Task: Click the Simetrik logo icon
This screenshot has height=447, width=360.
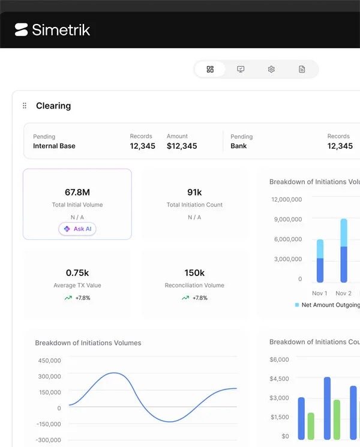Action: tap(22, 29)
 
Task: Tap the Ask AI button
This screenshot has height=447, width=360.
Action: tap(77, 229)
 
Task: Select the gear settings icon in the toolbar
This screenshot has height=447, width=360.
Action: tap(271, 69)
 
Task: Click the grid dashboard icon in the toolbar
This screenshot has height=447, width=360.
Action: tap(210, 69)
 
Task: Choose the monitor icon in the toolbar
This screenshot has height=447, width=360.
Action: tap(241, 69)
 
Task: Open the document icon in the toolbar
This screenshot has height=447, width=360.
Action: tap(302, 69)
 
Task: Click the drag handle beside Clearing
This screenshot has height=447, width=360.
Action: tap(25, 106)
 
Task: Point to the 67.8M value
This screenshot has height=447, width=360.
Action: tap(77, 193)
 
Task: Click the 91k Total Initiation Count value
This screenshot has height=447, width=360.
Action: tap(194, 193)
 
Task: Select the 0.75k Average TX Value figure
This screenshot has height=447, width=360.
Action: tap(77, 273)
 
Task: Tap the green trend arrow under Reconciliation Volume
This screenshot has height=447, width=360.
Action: tap(185, 298)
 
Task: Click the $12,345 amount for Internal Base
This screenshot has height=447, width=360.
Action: tap(182, 146)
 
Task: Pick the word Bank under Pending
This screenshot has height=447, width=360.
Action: tap(239, 146)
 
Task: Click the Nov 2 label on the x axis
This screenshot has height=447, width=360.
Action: tap(343, 293)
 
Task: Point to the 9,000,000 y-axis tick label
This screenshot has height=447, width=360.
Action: tap(288, 219)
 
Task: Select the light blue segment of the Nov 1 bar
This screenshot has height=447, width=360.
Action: tap(320, 249)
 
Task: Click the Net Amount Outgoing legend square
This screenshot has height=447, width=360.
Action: tap(297, 305)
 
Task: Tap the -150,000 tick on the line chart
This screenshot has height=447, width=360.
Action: tap(49, 424)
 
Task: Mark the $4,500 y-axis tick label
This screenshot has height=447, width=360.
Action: tap(280, 379)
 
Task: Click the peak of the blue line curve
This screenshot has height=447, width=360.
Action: tap(114, 373)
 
